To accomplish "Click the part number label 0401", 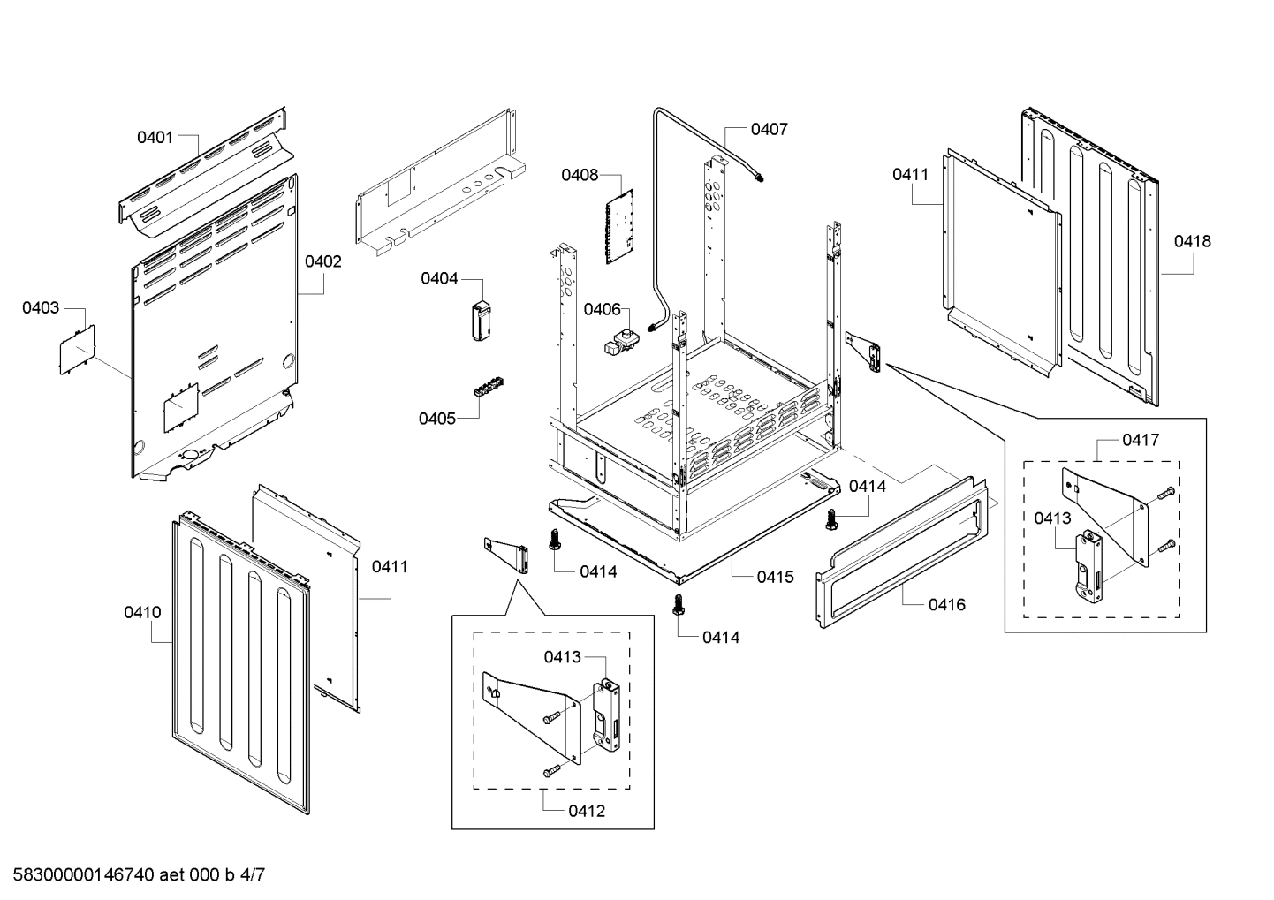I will [155, 137].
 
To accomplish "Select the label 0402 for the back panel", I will [322, 261].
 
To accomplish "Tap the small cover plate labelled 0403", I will [77, 350].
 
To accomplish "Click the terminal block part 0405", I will [489, 389].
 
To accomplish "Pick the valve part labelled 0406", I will [621, 341].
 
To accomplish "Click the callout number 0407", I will [769, 129].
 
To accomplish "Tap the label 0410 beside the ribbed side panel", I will [142, 612].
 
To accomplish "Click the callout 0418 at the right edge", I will [1193, 241].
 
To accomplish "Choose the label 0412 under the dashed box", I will [588, 811].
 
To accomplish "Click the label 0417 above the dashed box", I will [1141, 440].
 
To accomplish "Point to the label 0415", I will [775, 577].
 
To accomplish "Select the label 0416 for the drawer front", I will [946, 605].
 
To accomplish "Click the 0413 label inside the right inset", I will [1052, 518].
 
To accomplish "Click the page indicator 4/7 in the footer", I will [253, 875].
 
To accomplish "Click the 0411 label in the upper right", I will [910, 174].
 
